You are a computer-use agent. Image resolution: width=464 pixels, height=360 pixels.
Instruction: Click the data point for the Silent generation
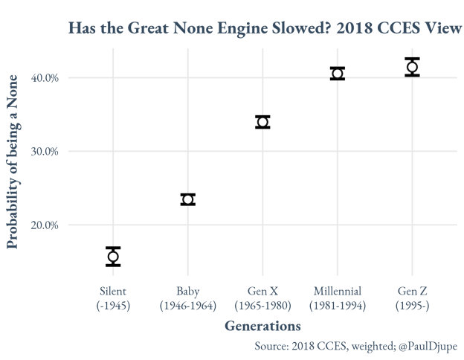tap(113, 257)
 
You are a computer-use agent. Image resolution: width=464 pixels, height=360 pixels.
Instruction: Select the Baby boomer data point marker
tap(188, 199)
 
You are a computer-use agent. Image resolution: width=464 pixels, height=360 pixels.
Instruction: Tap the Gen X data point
tap(262, 122)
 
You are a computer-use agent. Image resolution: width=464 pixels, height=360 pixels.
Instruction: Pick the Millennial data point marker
tap(338, 74)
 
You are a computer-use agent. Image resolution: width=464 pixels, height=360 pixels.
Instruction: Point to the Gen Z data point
tap(412, 67)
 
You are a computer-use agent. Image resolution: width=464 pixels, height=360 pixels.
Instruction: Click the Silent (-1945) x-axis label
tap(113, 298)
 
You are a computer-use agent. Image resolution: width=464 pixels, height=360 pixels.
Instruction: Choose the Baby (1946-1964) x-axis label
tap(188, 298)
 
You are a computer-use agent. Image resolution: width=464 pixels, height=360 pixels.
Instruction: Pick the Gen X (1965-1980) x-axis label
tap(262, 298)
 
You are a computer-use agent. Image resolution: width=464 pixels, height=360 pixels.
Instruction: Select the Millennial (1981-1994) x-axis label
tap(338, 298)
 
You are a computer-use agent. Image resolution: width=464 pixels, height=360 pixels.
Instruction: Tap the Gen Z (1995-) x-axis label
tap(412, 298)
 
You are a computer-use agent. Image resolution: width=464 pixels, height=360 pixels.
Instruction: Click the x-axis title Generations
tap(262, 326)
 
